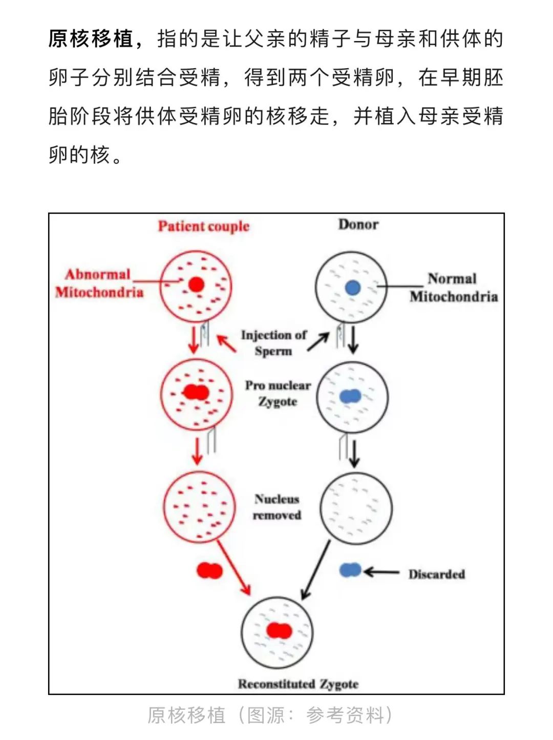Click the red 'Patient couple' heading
coord(203,226)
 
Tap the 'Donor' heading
coord(358,224)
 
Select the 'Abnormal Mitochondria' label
coord(99,283)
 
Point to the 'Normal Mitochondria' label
coord(453,287)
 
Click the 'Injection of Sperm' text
coord(273,343)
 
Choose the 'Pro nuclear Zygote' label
coord(278,393)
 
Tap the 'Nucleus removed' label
coord(277,507)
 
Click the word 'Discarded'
coord(436,574)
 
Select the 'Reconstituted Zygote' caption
coord(298,684)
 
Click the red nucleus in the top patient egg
coord(196,284)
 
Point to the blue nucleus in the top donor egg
coord(352,287)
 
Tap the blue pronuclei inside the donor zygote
coord(350,396)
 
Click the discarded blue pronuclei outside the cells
coord(350,570)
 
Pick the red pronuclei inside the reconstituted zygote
coord(279,631)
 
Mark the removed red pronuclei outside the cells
coord(209,570)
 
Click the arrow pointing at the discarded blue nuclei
coord(381,572)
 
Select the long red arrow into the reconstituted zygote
coord(234,568)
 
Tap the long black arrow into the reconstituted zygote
coord(316,570)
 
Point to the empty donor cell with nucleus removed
coord(356,508)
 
